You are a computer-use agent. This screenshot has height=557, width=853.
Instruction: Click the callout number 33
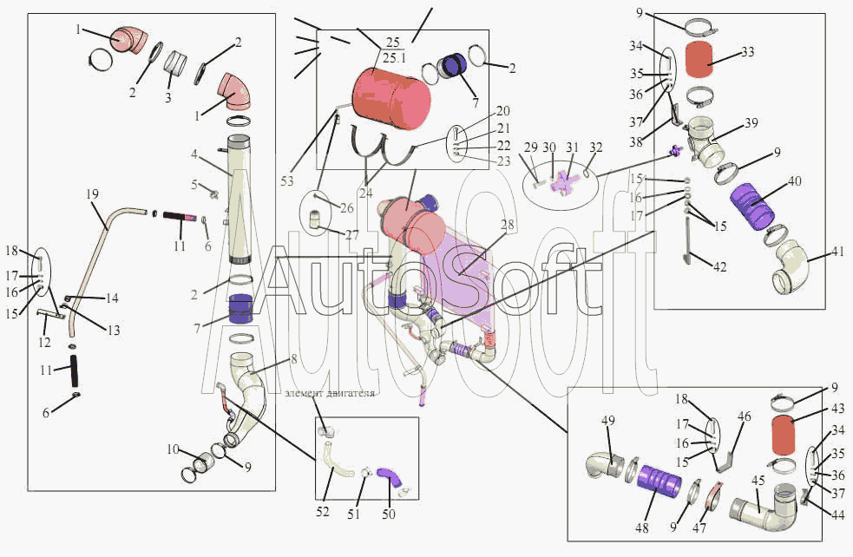[x=747, y=52]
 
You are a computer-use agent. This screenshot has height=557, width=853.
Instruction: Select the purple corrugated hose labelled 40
[x=750, y=205]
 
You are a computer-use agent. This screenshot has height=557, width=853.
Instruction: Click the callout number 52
[x=323, y=512]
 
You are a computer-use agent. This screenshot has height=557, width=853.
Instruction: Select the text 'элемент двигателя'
[x=330, y=393]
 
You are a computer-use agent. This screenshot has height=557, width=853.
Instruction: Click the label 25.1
[x=393, y=58]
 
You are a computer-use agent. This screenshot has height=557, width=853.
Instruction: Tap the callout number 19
[x=93, y=193]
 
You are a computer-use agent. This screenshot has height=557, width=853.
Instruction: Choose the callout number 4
[x=195, y=154]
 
